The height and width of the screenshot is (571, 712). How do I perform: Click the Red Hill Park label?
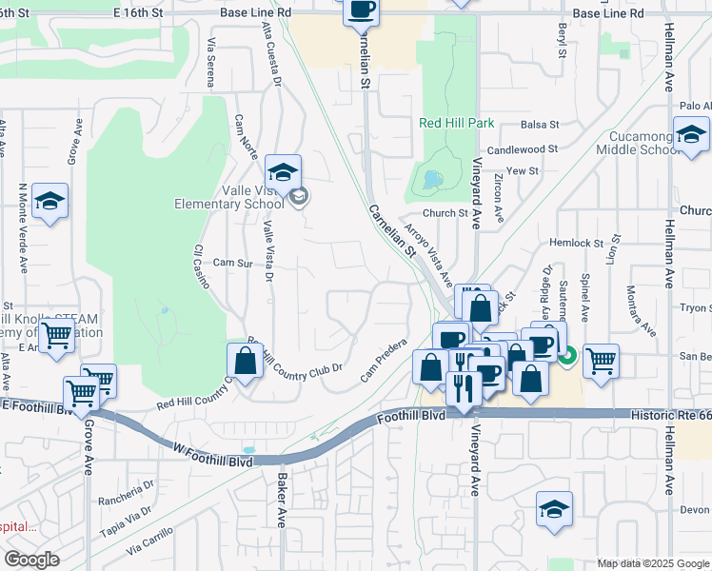(x=456, y=124)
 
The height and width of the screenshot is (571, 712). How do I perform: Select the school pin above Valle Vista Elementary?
(x=283, y=174)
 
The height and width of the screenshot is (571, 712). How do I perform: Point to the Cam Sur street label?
(x=232, y=263)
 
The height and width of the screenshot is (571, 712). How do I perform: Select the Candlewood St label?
(x=522, y=150)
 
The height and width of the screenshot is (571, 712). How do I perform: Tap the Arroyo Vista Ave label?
(x=425, y=249)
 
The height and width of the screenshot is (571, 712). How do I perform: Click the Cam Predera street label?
(x=384, y=361)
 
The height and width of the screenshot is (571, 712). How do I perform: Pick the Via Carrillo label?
(x=148, y=541)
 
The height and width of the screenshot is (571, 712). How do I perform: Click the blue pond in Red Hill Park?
(x=434, y=179)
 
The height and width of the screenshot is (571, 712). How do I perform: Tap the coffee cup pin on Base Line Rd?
(x=361, y=10)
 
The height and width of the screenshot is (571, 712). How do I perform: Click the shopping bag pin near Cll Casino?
(x=245, y=362)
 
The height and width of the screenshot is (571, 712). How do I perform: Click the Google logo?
(x=31, y=560)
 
